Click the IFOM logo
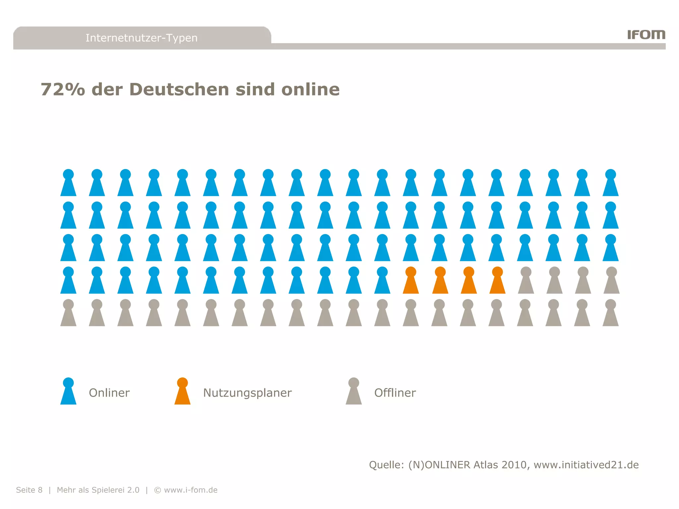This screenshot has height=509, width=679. point(646,34)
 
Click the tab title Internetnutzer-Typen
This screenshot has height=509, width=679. point(142,38)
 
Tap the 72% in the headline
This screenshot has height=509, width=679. point(63,89)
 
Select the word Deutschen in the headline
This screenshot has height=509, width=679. point(179,89)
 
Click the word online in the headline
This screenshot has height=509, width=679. point(310,89)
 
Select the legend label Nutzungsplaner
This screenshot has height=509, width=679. point(247,393)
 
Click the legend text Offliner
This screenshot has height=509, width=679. point(395,393)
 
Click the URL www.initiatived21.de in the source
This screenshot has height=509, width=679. point(586,465)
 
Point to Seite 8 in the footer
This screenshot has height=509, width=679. point(29,490)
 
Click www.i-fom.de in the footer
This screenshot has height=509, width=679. point(191,490)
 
